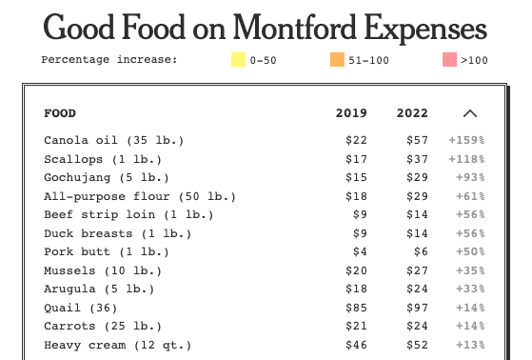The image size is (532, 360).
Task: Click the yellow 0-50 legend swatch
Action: (x=238, y=59)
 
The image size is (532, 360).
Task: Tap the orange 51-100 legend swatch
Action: (x=337, y=59)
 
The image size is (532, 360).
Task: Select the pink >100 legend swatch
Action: (x=449, y=59)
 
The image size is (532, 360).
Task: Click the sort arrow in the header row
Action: (x=470, y=113)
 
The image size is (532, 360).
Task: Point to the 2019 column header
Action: (x=351, y=113)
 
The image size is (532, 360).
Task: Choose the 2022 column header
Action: (x=412, y=113)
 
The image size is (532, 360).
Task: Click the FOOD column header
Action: (x=60, y=113)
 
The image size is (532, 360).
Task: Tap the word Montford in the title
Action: (x=294, y=28)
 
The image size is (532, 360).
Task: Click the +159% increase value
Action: (x=467, y=140)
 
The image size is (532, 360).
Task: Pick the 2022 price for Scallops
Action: (x=418, y=159)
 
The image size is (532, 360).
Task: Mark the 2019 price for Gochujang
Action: (x=356, y=177)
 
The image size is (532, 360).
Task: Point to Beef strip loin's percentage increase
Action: (x=470, y=214)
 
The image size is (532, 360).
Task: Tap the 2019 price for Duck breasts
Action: (x=360, y=233)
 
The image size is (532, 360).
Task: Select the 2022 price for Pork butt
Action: (x=421, y=251)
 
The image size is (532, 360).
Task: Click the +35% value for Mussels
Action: (x=470, y=270)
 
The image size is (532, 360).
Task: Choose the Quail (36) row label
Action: (x=80, y=308)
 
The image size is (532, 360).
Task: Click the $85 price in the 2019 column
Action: (x=356, y=308)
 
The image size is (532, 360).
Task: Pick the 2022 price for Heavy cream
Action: (x=418, y=345)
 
